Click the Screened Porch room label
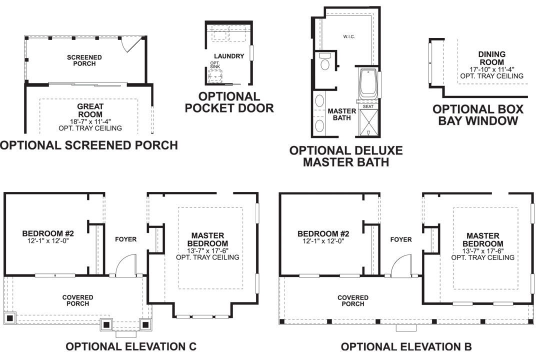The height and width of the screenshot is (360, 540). pyautogui.click(x=84, y=60)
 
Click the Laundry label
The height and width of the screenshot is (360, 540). pyautogui.click(x=228, y=56)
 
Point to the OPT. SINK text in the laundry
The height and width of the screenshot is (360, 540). pyautogui.click(x=214, y=65)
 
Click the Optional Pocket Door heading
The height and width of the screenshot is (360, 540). pyautogui.click(x=229, y=102)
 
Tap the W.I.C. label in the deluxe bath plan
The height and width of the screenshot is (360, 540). pyautogui.click(x=349, y=37)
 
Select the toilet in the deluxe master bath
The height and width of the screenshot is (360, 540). pyautogui.click(x=324, y=62)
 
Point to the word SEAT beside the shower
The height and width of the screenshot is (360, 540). pyautogui.click(x=368, y=107)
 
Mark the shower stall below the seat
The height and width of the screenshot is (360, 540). pyautogui.click(x=368, y=123)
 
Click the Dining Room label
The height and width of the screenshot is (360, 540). pyautogui.click(x=491, y=58)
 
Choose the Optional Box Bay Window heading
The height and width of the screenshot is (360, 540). pyautogui.click(x=477, y=114)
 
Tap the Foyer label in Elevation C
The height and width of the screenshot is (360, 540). pyautogui.click(x=125, y=239)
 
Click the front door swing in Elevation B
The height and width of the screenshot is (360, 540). pyautogui.click(x=401, y=265)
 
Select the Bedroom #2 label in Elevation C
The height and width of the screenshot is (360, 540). pyautogui.click(x=48, y=236)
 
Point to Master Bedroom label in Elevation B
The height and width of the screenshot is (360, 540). pyautogui.click(x=482, y=239)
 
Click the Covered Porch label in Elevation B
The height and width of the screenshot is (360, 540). pyautogui.click(x=352, y=300)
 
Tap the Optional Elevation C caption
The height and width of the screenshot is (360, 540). pyautogui.click(x=131, y=346)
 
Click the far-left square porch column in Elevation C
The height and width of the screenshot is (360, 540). pyautogui.click(x=10, y=318)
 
